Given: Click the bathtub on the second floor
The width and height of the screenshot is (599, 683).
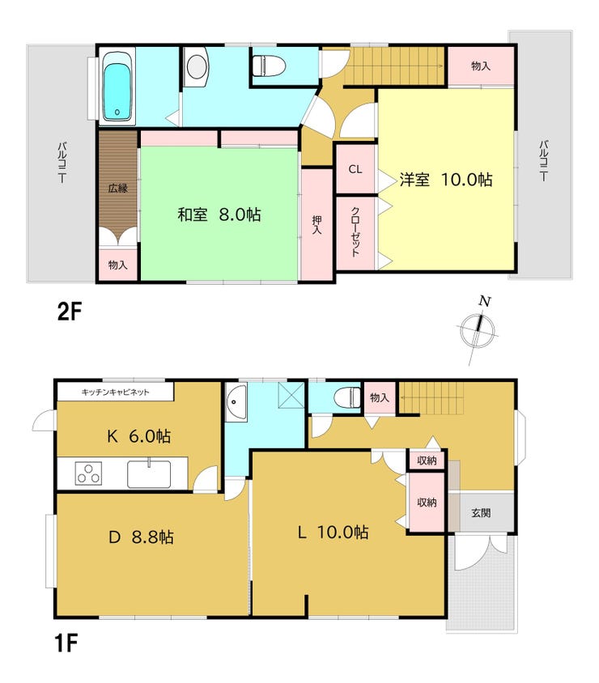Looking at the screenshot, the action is coord(117,87).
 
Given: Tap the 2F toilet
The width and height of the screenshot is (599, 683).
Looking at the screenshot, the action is coord(269,66).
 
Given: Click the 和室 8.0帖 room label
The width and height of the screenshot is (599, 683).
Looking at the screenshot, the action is coord(219,214).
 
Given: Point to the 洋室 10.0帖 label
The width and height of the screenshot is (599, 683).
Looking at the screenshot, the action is coord(446,180).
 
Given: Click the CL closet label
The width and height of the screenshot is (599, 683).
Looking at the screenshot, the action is coord(355,169).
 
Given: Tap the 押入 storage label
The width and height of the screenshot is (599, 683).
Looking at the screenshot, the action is coord(316,225).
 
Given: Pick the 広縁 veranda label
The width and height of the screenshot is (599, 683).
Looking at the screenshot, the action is coord(118,189).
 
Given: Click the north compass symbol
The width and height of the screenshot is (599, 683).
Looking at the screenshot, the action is coord(478,329).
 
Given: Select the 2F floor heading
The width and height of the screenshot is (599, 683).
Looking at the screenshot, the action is coord(70,312).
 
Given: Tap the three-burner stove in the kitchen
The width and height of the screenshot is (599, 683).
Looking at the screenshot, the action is coord(89,473).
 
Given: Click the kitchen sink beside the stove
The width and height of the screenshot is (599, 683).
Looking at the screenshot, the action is coord(149,474).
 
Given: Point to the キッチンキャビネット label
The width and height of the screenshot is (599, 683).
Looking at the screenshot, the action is coord(116,392).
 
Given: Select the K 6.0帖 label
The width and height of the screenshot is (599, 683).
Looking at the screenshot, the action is coord(139,436).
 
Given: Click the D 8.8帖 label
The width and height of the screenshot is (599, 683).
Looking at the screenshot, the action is coord(141,537).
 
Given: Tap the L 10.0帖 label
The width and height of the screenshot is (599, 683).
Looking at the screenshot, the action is coord(333,532).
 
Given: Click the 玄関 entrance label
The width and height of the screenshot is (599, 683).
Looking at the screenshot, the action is coord(481,513).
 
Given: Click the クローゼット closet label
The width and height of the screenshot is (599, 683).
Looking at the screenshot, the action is coord(355,231).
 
